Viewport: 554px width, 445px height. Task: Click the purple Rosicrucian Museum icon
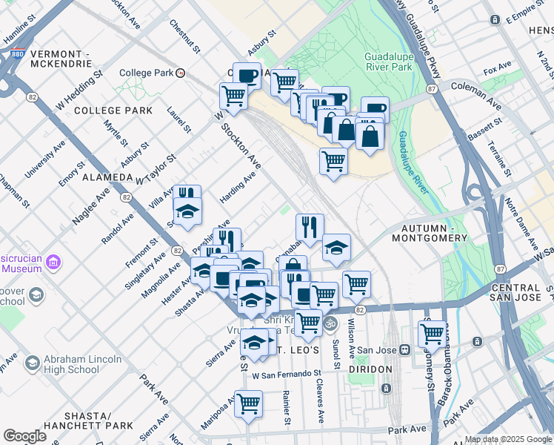[x=53, y=263]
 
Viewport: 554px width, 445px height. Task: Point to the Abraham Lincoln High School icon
[x=32, y=363]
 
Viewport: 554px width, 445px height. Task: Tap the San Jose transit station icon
[x=404, y=350]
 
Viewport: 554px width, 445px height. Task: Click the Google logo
[x=24, y=436]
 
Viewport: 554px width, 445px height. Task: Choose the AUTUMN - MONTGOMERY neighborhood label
[x=434, y=233]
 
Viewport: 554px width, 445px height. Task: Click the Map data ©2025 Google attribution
[x=508, y=439]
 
